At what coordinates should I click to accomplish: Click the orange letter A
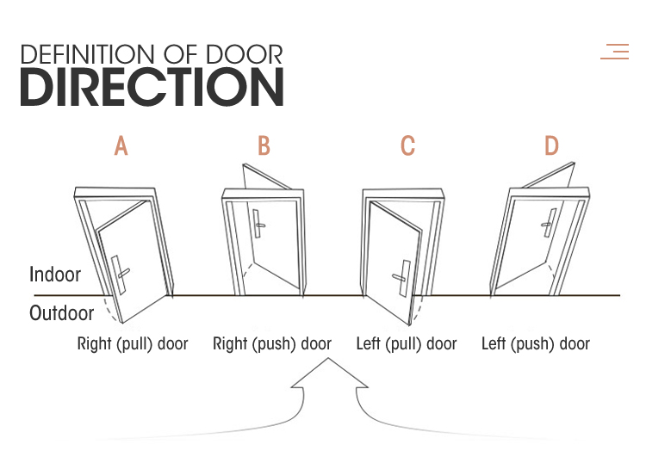click(121, 146)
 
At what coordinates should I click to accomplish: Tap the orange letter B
click(264, 146)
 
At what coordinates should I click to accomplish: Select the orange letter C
click(407, 146)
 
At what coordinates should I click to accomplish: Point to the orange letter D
click(551, 146)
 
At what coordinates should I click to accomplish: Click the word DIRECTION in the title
click(152, 87)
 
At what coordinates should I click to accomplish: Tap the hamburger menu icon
click(615, 52)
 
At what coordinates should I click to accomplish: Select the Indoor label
click(55, 275)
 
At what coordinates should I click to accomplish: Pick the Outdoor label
click(62, 313)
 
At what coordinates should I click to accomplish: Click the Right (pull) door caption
click(133, 344)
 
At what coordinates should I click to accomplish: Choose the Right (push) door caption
click(272, 344)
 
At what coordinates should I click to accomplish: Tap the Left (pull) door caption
click(407, 344)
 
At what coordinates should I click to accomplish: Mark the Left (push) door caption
click(536, 344)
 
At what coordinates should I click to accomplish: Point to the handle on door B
click(258, 223)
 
